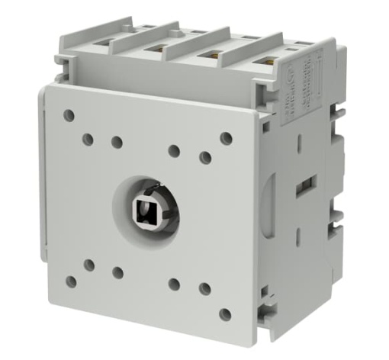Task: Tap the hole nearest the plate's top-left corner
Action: point(69,115)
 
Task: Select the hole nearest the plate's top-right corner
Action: point(226,137)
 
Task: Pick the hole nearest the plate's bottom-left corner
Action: point(70,281)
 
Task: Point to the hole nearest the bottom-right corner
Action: point(225,313)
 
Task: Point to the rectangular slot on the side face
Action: point(305,183)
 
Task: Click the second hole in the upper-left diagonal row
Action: point(88,139)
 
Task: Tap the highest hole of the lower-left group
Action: point(89,265)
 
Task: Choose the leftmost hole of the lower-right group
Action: point(174,284)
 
